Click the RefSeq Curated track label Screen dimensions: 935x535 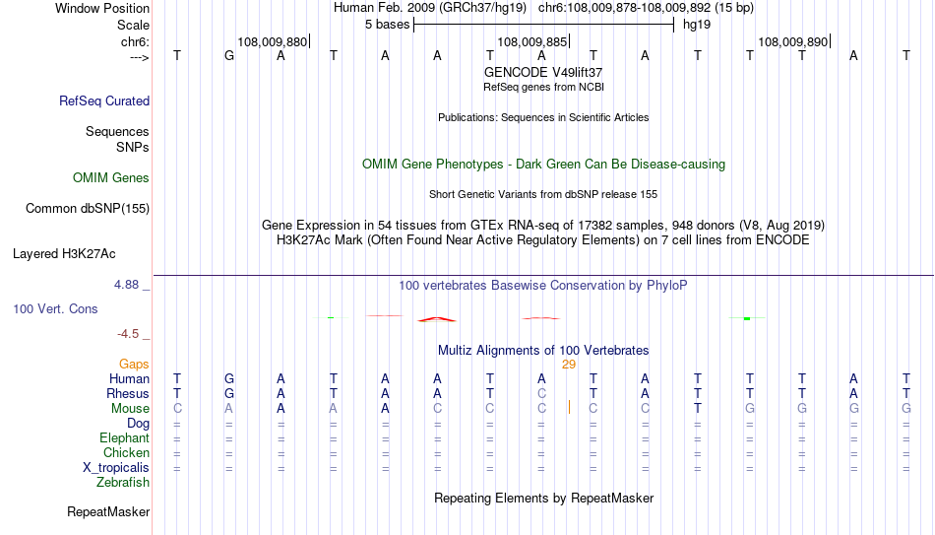coord(104,100)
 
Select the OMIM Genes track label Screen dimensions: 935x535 coord(111,178)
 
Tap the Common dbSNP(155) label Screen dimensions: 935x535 coord(88,209)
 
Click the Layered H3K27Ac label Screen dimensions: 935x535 coord(64,254)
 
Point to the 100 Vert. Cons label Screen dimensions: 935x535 coord(55,308)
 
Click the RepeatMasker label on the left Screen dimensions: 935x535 coord(108,511)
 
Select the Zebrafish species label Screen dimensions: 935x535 coord(123,482)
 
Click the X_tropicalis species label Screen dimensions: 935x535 coord(116,468)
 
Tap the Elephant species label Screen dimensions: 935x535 coord(125,437)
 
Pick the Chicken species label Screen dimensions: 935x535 coord(126,452)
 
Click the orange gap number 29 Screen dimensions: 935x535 coord(568,365)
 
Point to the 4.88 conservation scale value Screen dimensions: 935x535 coord(126,285)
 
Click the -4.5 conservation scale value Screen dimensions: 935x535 coord(128,334)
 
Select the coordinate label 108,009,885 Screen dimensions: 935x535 coord(532,41)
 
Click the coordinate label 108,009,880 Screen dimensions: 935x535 coord(273,41)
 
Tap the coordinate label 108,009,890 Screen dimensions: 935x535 coord(793,41)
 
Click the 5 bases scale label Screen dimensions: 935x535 coord(388,25)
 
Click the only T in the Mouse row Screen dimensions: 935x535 coord(698,409)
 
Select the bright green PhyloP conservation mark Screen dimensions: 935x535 coord(747,318)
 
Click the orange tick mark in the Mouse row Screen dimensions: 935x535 coord(569,407)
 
